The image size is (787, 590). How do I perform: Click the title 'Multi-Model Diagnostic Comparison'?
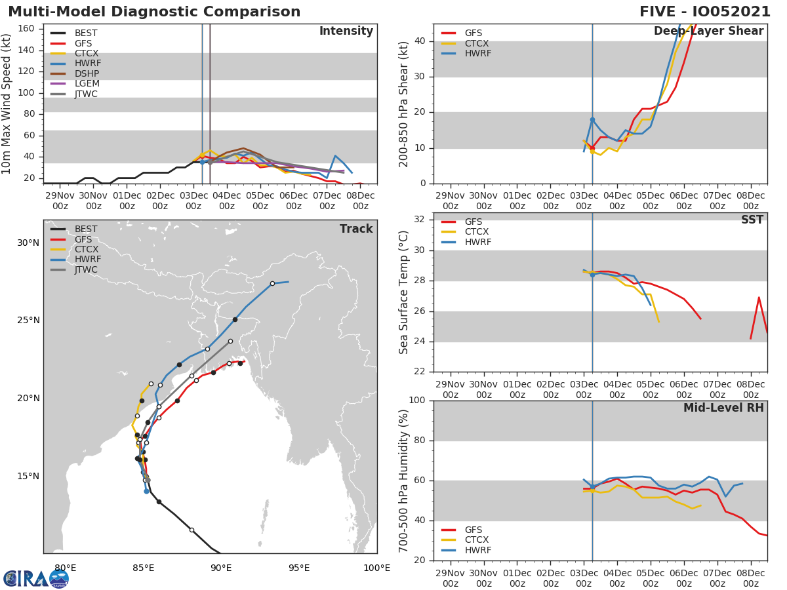[x=154, y=12]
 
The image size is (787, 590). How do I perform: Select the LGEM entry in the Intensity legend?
[x=87, y=84]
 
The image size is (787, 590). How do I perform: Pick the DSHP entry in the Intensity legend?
[x=87, y=73]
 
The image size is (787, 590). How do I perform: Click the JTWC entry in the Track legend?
[x=86, y=270]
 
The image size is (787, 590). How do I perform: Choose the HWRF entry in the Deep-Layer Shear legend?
[x=477, y=54]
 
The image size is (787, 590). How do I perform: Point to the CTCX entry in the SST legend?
[x=477, y=232]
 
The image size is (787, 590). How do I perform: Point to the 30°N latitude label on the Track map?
[x=28, y=243]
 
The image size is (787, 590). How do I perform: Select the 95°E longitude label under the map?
[x=299, y=568]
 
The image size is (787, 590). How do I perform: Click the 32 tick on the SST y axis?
[x=420, y=220]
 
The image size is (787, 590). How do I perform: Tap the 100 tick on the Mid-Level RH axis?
[x=416, y=401]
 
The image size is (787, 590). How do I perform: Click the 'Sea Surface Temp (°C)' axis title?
[x=404, y=292]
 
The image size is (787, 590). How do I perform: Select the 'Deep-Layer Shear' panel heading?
[x=708, y=31]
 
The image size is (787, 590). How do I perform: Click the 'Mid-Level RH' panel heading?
[x=723, y=408]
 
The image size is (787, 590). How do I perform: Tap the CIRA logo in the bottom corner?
[x=36, y=578]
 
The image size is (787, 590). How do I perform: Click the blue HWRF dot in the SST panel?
[x=592, y=275]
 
